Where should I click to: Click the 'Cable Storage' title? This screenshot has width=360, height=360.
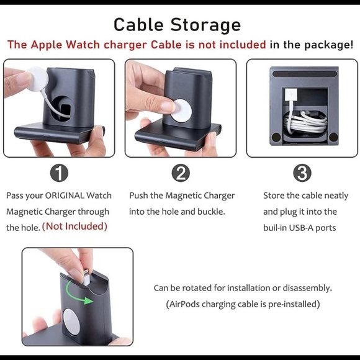pyautogui.click(x=177, y=25)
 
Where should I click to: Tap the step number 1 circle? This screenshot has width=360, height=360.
pyautogui.click(x=58, y=173)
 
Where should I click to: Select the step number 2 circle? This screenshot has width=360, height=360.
pyautogui.click(x=181, y=173)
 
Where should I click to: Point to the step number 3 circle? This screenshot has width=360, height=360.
pyautogui.click(x=302, y=173)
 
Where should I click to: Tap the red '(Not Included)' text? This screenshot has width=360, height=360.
pyautogui.click(x=74, y=227)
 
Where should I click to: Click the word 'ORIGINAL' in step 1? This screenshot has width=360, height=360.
pyautogui.click(x=68, y=196)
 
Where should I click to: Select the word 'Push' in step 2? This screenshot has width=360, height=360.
pyautogui.click(x=140, y=196)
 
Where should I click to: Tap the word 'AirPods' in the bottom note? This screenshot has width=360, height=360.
pyautogui.click(x=186, y=304)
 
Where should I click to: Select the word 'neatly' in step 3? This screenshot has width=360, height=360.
pyautogui.click(x=333, y=196)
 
